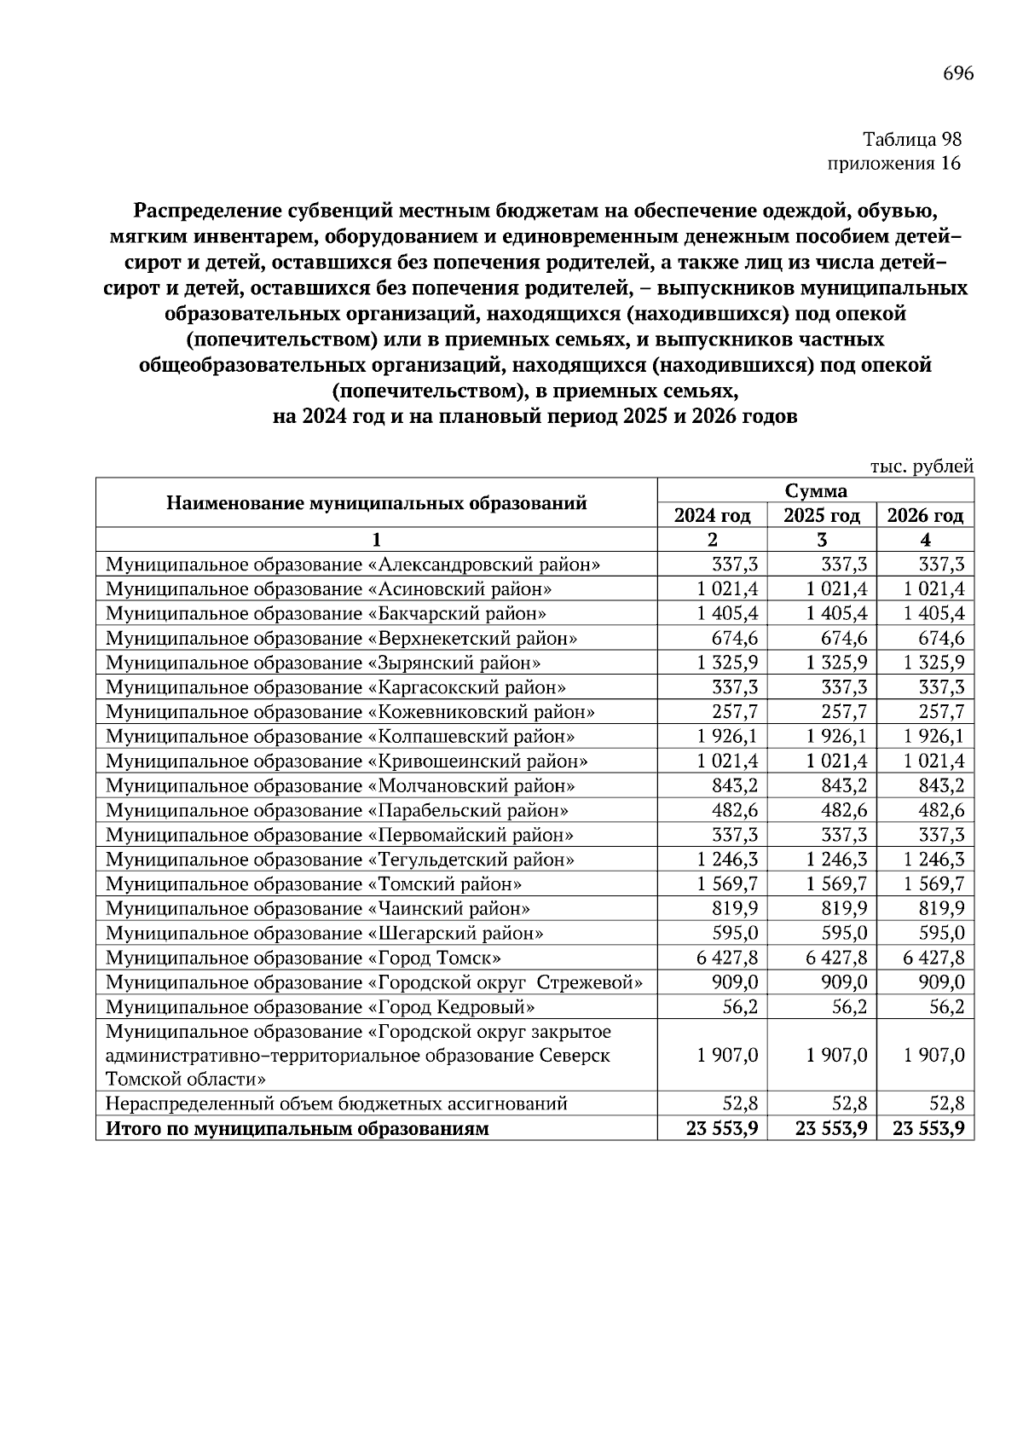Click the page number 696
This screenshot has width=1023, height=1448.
tap(957, 73)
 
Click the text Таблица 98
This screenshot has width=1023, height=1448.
tap(911, 138)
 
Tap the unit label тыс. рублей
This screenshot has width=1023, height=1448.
tap(922, 466)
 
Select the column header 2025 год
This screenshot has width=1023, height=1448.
tap(822, 516)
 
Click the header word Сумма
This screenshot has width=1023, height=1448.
tap(816, 490)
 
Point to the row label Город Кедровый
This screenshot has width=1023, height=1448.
tap(321, 1007)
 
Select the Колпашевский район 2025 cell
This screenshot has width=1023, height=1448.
tap(835, 736)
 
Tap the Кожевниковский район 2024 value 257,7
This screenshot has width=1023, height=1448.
tap(735, 712)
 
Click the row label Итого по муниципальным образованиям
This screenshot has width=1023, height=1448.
tap(298, 1130)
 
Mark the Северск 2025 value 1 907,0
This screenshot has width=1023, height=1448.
tap(835, 1056)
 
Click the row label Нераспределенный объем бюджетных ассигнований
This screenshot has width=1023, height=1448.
tap(336, 1104)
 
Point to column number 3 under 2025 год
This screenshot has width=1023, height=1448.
tap(822, 540)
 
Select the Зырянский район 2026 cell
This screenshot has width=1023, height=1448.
tap(933, 663)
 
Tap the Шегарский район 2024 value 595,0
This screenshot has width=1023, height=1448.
tap(735, 934)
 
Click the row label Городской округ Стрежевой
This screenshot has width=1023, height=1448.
tap(374, 982)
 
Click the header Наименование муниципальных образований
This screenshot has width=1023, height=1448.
tap(376, 503)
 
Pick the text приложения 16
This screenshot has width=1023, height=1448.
tap(894, 163)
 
